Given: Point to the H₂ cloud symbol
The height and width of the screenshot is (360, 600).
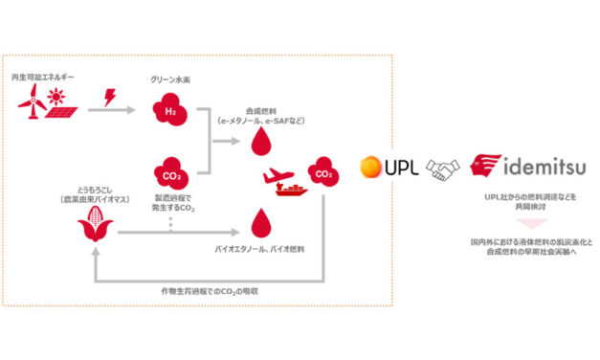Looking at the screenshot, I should [x=170, y=109].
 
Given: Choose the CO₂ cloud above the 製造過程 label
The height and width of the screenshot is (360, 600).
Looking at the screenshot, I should [x=169, y=175].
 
